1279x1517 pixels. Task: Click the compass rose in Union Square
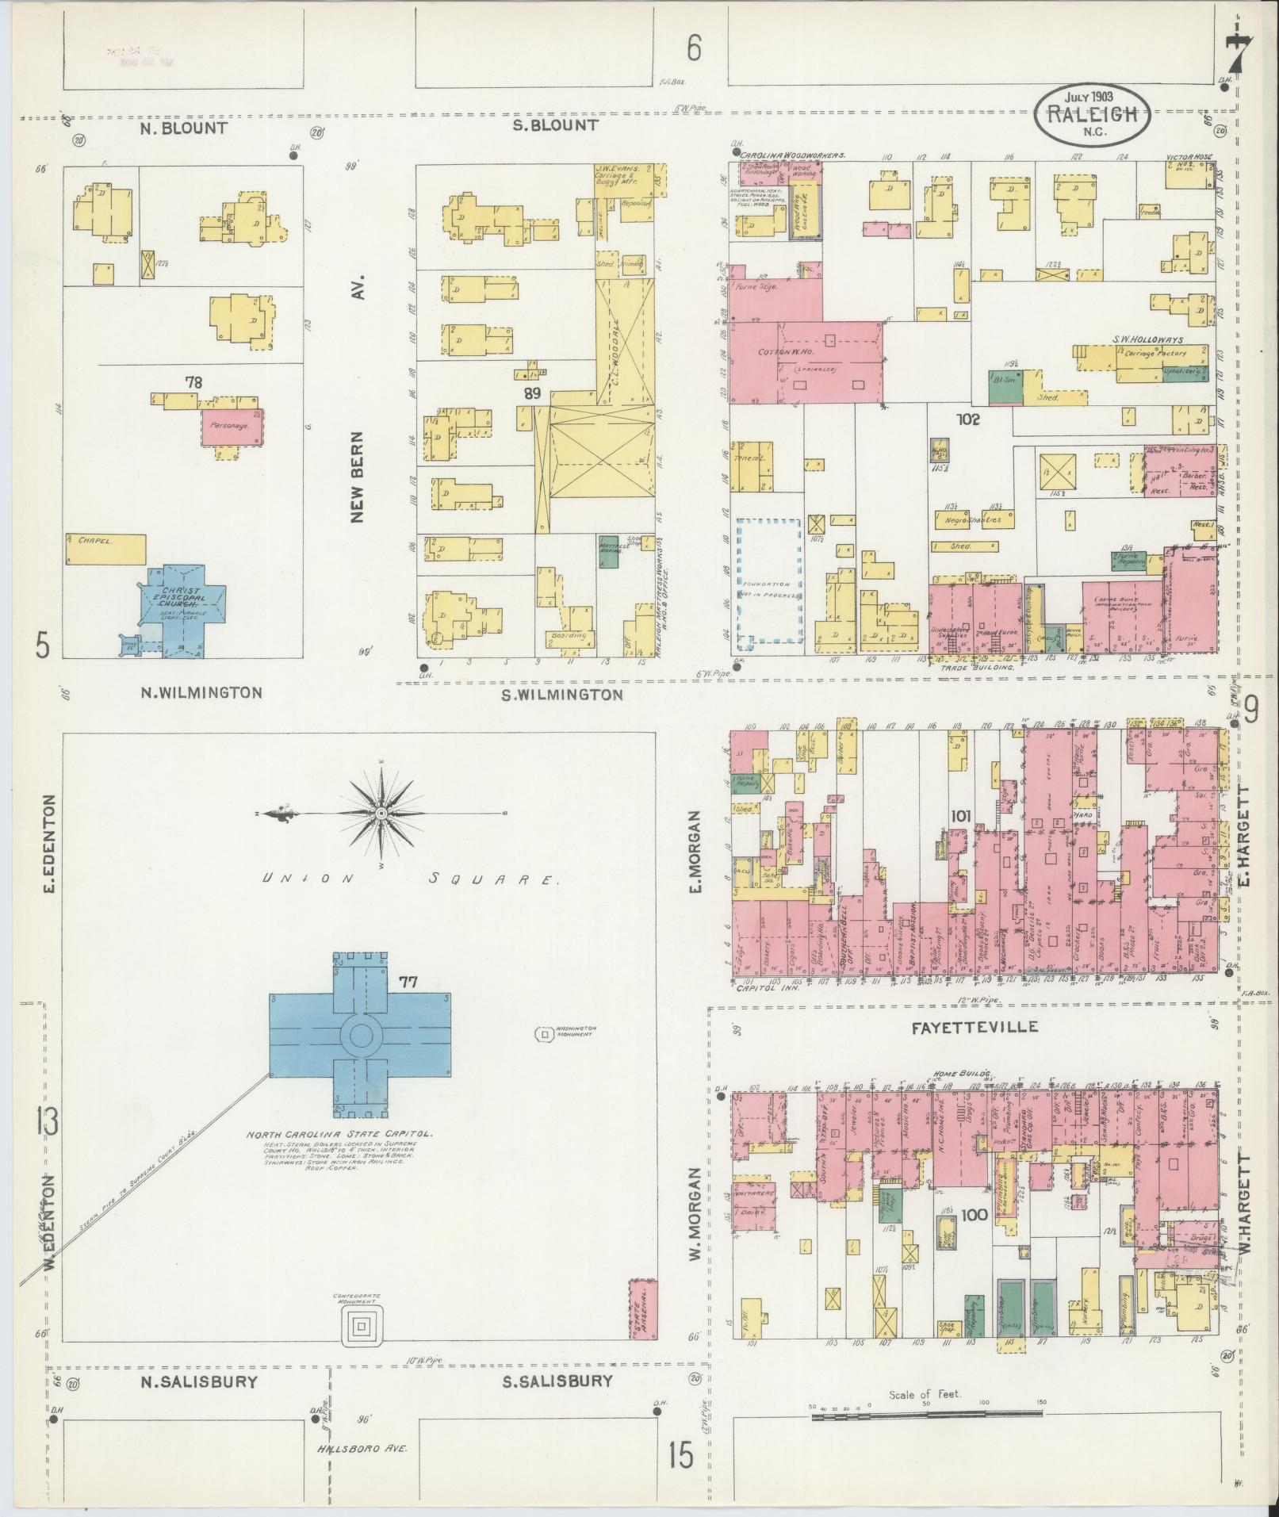tap(381, 814)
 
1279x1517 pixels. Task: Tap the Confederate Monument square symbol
tap(362, 1325)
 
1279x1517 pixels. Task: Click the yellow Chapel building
tap(106, 548)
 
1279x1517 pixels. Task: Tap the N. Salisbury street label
tap(198, 1381)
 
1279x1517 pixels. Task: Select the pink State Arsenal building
tap(642, 1308)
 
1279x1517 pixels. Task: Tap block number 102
tap(967, 419)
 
